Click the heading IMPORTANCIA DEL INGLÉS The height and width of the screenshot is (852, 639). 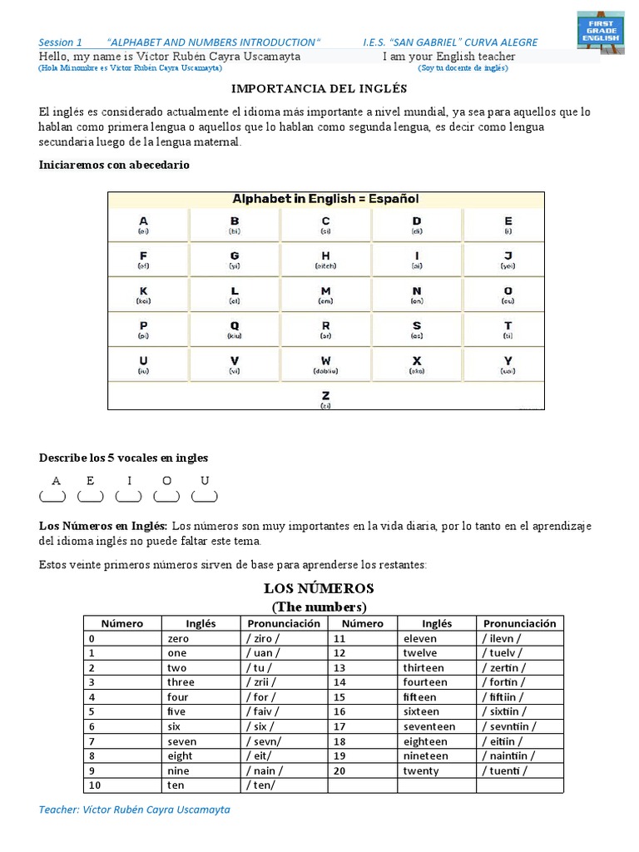[319, 88]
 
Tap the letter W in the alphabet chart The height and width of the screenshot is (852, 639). [325, 360]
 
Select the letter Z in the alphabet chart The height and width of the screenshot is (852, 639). [325, 395]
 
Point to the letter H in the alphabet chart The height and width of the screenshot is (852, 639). [325, 255]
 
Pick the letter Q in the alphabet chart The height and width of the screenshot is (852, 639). [235, 325]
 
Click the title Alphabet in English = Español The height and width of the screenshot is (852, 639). [325, 199]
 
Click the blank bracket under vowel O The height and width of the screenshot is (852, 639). [166, 497]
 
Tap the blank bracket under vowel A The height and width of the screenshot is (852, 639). [52, 497]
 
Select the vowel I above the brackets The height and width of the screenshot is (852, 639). [128, 480]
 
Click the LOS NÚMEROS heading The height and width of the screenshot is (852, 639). [319, 589]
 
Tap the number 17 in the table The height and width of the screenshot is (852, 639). [339, 726]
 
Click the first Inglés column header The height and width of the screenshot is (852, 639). [200, 623]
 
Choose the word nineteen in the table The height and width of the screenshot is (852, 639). [425, 755]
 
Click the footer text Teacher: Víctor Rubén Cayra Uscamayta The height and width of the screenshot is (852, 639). [135, 809]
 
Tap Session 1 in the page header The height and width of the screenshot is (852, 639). [61, 42]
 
